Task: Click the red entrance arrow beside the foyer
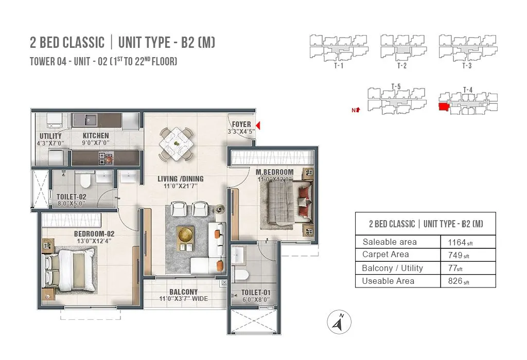258,125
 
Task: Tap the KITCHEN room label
96,136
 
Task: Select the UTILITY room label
50,136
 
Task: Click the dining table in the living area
177,143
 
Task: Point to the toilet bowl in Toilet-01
241,275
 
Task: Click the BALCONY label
184,292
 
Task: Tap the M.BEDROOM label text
275,172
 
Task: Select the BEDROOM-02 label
94,233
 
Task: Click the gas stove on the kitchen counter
106,158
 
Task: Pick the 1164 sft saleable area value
460,242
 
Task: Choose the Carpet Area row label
385,255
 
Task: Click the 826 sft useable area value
459,281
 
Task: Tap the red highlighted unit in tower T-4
444,107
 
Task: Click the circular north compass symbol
339,322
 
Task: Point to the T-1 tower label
339,65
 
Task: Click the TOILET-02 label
71,197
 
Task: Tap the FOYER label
241,124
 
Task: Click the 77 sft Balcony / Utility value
455,268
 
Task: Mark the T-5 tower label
396,86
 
